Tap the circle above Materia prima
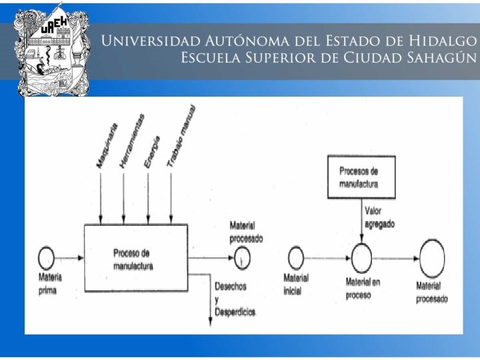(46, 256)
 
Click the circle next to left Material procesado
(243, 257)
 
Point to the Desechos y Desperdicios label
(234, 299)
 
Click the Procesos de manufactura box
(361, 177)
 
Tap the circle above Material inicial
(295, 257)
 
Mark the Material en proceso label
(363, 289)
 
